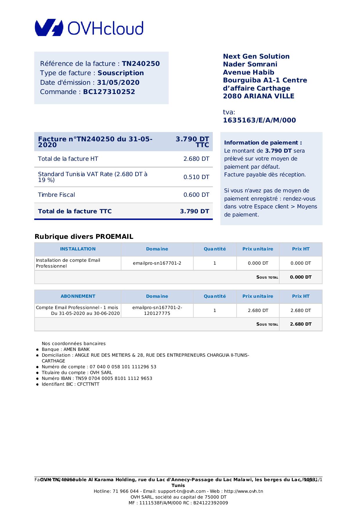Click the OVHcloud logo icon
49,28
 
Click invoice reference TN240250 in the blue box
141,64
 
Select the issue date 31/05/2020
118,82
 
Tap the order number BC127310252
109,92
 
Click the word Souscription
121,73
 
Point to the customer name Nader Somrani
250,64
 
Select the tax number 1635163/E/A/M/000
259,120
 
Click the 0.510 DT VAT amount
196,177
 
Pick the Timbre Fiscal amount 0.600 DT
196,195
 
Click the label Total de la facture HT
68,159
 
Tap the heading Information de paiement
263,142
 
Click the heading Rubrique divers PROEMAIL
84,237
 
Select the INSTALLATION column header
78,249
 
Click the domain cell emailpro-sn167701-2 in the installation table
157,263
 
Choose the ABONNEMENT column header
78,296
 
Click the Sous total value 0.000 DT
301,277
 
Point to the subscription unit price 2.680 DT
258,311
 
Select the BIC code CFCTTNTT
88,384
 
